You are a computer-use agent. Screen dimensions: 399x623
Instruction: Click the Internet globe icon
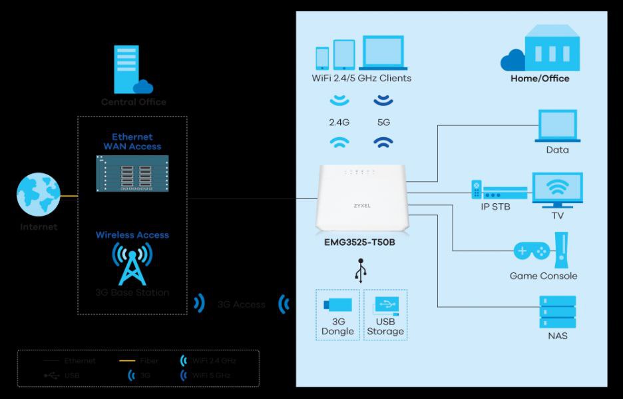tap(39, 195)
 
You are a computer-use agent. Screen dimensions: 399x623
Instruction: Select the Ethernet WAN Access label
tap(132, 142)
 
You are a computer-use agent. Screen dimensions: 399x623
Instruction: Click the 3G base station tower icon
tap(132, 264)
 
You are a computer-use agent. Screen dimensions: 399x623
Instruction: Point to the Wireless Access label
tap(132, 235)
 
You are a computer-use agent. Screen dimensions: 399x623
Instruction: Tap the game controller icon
tap(531, 252)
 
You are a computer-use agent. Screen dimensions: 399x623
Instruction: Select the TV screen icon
tap(557, 189)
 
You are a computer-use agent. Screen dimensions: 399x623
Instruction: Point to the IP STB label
tap(495, 206)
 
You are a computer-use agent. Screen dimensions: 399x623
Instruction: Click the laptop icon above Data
tap(557, 126)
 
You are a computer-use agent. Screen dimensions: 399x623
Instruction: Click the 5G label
tap(383, 123)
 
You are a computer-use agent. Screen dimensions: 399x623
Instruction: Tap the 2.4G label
tap(339, 123)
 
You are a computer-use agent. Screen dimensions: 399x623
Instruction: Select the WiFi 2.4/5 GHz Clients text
tap(361, 78)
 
